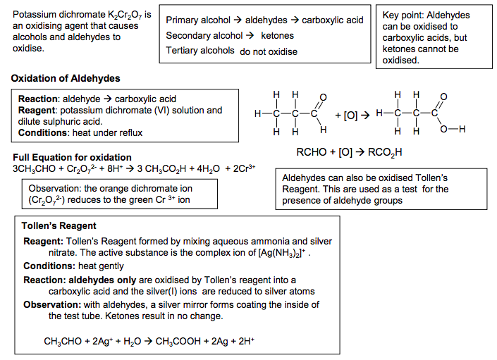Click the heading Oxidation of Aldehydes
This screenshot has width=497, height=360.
(66, 78)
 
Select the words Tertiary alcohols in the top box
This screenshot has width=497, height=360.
(200, 51)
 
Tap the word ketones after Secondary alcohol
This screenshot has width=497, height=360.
(277, 35)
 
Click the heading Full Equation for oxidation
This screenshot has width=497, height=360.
(72, 157)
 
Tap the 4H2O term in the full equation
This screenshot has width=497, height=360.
(209, 168)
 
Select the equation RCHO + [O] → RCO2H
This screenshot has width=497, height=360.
(349, 151)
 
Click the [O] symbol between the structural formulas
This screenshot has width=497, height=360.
(350, 115)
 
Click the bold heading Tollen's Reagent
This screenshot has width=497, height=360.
(59, 227)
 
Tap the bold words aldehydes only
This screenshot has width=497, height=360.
(104, 280)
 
